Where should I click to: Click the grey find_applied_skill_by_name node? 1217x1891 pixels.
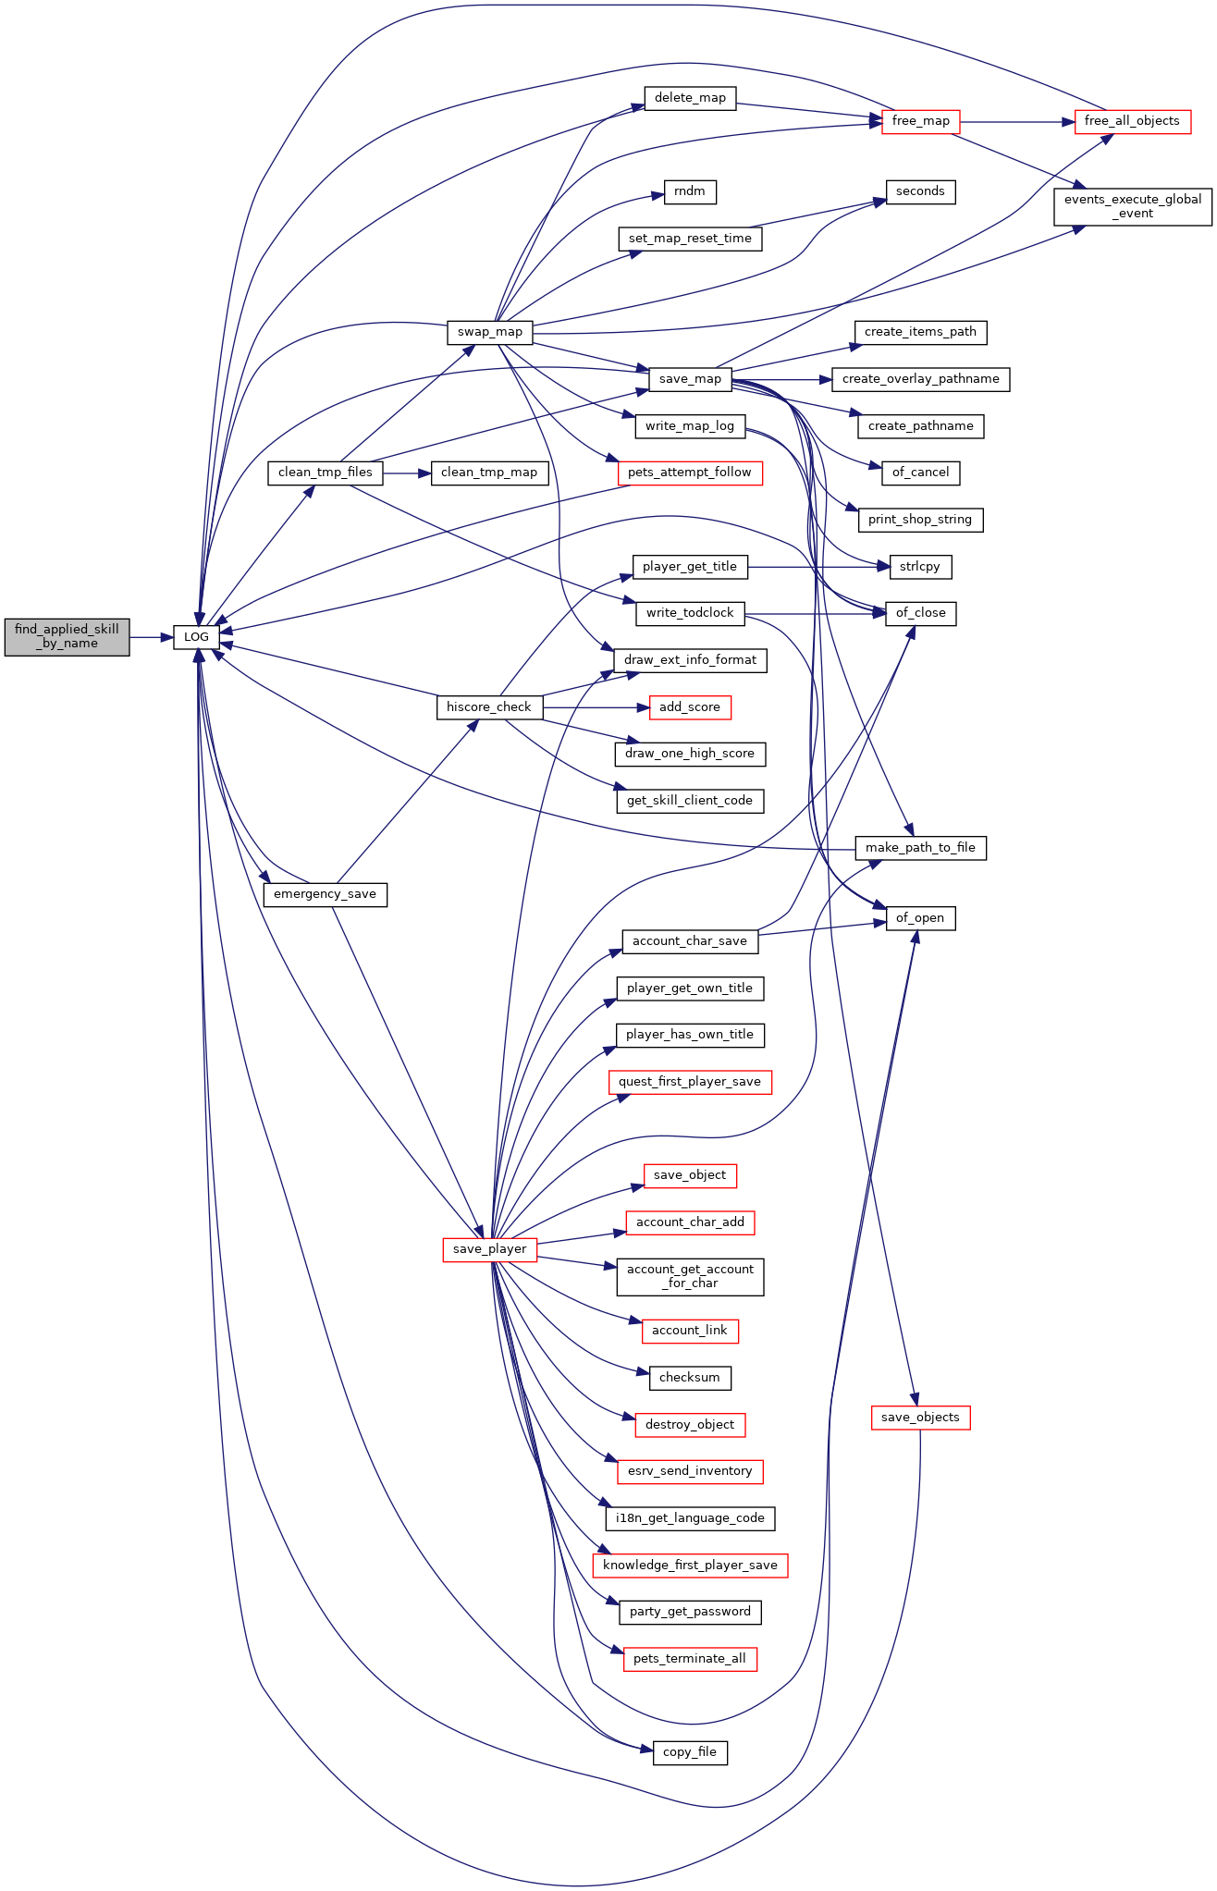pos(67,636)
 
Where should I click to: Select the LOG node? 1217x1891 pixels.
pos(196,636)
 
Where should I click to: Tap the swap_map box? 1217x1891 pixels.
pos(490,332)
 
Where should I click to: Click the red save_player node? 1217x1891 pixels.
pos(490,1249)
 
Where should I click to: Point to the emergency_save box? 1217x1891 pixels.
pos(326,894)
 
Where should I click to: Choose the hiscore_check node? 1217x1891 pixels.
pos(489,707)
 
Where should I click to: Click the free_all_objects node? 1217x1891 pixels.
pos(1132,121)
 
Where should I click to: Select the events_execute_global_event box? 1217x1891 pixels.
pos(1133,206)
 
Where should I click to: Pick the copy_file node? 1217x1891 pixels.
pos(690,1752)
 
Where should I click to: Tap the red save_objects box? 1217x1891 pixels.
pos(920,1418)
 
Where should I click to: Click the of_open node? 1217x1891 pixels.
pos(920,918)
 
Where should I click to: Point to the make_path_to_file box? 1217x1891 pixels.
pos(920,848)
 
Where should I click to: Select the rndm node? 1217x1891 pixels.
pos(690,191)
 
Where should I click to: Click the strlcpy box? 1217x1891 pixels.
pos(920,567)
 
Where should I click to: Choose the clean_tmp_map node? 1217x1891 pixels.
pos(489,473)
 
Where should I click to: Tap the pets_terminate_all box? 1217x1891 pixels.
pos(690,1659)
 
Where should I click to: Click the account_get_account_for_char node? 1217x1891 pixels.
pos(690,1276)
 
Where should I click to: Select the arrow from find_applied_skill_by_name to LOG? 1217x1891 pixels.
pos(152,636)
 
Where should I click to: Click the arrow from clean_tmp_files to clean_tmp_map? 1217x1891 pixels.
pos(407,473)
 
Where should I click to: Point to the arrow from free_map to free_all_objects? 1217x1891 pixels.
pos(1018,121)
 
